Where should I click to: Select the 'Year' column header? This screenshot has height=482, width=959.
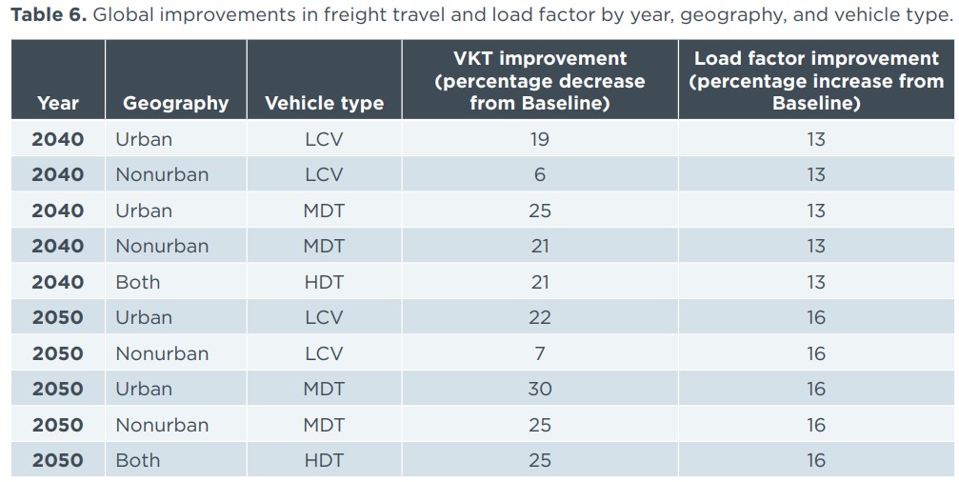coord(58,103)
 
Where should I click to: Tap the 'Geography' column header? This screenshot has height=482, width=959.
coord(175,103)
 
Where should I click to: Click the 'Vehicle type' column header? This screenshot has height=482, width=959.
coord(324,103)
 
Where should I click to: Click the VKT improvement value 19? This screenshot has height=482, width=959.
coord(539,139)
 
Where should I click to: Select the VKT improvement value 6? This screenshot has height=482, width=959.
coord(539,174)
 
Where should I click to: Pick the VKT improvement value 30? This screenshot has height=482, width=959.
coord(539,389)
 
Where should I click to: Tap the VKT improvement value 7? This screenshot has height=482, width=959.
coord(539,353)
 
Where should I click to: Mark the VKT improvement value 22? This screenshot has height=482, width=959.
coord(539,317)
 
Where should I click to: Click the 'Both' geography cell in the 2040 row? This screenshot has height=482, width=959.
coord(137,282)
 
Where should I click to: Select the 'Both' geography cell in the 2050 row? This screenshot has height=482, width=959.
coord(137,460)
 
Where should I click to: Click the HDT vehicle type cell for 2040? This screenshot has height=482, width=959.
coord(324,282)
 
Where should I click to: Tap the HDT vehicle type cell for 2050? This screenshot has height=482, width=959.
coord(324,460)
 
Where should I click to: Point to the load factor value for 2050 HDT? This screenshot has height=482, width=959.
coord(815,460)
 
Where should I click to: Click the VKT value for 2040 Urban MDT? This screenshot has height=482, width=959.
coord(539,211)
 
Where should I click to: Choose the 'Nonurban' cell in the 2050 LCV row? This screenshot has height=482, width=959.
coord(161,353)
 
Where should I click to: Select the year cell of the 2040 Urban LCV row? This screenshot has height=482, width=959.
coord(58,139)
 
